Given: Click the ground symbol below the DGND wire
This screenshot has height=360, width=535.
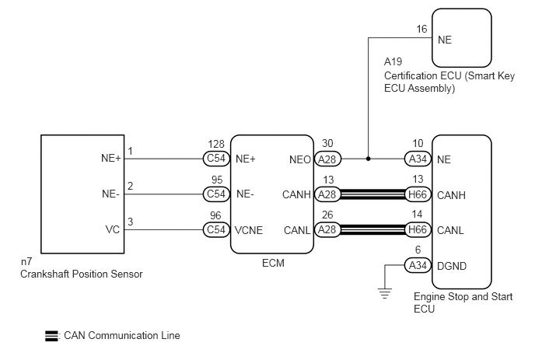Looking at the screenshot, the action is (384, 293).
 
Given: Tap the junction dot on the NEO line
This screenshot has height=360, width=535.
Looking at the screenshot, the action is (368, 159).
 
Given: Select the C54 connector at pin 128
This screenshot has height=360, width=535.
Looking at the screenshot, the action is (216, 159).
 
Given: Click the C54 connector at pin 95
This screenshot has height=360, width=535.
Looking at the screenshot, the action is (216, 194).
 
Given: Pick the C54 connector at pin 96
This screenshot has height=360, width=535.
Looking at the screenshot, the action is (216, 229).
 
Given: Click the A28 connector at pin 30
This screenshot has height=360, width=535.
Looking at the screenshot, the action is (327, 159).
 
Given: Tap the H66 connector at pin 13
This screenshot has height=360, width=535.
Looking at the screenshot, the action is (418, 194).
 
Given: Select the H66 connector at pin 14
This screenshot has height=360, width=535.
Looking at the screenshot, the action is (418, 229).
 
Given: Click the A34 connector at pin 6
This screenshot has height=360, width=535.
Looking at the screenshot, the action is (418, 265).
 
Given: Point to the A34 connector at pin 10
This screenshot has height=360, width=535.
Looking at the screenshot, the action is (418, 159).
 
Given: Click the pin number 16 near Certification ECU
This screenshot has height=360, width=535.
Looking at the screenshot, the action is (421, 29).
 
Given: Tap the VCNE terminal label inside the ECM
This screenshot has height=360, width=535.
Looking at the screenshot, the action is (249, 230).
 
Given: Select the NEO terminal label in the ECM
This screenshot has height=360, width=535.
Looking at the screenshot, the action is (300, 159).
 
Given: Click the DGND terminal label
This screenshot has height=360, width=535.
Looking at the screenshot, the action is (452, 266).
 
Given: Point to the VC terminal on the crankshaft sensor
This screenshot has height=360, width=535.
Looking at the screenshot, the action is (113, 229).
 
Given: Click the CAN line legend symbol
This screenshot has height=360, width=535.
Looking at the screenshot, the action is (51, 336).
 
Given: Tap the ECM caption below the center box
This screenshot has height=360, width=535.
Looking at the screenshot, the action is (273, 263).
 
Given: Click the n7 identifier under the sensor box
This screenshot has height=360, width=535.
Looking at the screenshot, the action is (26, 262).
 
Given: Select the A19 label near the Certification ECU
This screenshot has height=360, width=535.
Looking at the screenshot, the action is (393, 61).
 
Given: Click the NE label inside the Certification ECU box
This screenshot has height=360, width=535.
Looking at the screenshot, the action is (445, 40).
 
